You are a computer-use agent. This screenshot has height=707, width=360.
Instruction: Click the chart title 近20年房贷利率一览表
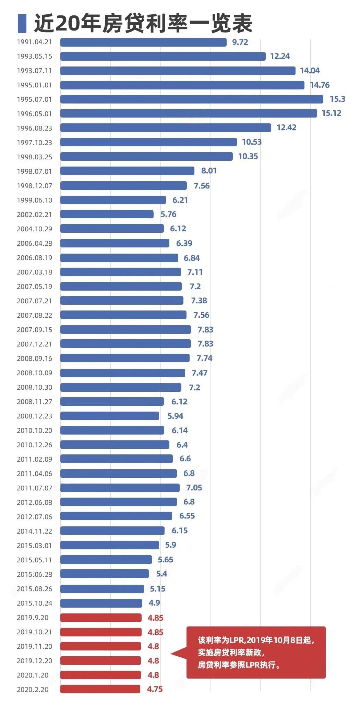143,24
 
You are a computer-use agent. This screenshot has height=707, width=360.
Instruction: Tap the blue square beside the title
22,23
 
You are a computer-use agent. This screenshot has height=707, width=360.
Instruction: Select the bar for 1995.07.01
192,99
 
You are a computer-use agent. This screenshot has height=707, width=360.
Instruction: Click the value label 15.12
331,113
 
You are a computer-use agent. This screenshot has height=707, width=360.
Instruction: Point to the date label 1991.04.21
34,42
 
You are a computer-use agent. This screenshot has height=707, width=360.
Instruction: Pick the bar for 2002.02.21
107,214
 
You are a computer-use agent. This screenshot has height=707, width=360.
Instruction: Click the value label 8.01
209,171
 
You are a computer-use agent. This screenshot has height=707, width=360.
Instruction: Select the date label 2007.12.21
34,344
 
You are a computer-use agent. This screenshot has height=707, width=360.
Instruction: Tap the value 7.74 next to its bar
204,358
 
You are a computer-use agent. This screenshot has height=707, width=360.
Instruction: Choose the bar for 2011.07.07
120,488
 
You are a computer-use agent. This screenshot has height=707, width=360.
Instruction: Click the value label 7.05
194,488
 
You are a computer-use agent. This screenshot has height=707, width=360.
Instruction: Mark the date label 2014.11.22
34,531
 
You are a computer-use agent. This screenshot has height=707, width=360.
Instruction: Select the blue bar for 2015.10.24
101,603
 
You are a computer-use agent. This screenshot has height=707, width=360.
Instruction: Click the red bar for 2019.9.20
101,618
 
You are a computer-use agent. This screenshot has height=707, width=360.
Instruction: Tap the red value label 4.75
155,689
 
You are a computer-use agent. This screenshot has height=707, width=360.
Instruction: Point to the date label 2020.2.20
33,690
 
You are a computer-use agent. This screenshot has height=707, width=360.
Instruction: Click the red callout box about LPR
256,653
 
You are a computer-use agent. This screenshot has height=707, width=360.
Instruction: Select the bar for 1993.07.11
178,71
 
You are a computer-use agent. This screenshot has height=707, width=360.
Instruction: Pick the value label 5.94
175,416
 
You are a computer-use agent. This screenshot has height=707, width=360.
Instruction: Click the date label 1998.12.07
34,186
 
